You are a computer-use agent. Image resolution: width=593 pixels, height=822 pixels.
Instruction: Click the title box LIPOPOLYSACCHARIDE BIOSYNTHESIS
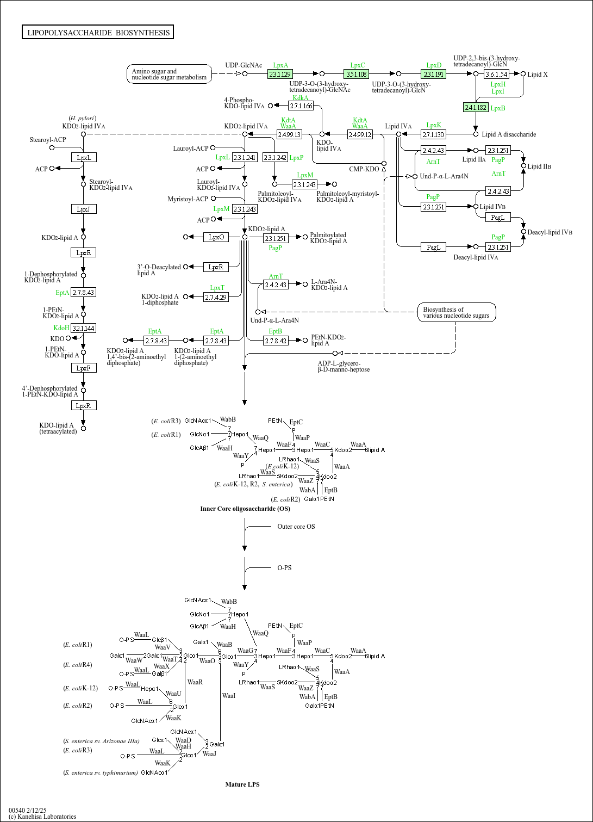98,33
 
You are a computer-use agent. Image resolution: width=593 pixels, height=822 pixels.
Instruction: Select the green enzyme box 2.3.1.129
280,74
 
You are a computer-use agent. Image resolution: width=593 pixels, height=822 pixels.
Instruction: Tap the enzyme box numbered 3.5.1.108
357,74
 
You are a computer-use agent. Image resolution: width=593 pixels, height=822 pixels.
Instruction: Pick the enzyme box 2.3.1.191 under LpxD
433,74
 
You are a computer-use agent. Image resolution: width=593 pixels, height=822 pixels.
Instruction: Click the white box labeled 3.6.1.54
496,74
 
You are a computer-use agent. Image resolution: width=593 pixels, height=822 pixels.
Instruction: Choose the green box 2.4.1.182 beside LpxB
476,108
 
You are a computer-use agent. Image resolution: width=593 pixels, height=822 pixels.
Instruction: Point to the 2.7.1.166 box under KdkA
301,106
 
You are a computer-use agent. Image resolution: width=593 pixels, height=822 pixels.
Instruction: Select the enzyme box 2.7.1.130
433,134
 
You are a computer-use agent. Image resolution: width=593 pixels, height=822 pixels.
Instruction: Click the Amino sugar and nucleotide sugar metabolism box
169,74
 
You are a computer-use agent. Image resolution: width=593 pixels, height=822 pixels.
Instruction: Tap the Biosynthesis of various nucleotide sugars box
456,312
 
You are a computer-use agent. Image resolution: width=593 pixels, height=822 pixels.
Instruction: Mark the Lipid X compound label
538,75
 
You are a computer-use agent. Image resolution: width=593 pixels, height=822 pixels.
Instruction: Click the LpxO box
216,237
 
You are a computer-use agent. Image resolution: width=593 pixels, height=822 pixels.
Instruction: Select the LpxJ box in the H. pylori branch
83,209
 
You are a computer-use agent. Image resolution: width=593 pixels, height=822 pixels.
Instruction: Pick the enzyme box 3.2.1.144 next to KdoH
83,328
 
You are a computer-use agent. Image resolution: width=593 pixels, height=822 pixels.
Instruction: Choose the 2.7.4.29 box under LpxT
216,297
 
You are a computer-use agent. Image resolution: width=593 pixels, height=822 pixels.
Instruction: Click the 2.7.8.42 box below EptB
276,341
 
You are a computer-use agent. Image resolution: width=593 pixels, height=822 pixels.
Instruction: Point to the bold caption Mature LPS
242,784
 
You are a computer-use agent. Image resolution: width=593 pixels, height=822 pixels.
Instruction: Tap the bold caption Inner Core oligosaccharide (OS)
245,509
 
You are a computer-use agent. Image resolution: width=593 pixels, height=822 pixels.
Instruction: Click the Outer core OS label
296,527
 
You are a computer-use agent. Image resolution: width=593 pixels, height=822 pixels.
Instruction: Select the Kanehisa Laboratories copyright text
42,817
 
